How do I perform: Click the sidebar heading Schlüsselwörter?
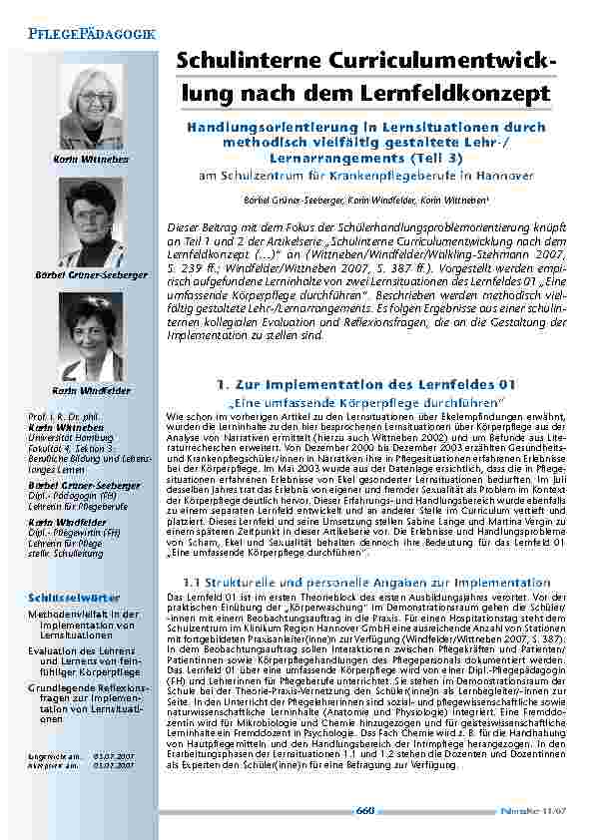[x=66, y=598]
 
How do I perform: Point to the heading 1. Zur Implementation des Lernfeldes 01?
[x=365, y=384]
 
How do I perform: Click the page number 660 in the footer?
[x=365, y=811]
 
